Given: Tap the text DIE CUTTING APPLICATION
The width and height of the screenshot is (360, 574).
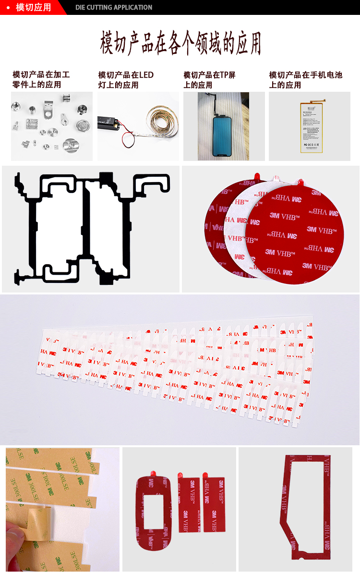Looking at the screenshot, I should coord(114,7).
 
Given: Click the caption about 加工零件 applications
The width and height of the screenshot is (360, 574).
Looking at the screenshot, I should coord(41,80).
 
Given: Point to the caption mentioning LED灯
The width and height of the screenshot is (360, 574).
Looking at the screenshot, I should coord(126,80).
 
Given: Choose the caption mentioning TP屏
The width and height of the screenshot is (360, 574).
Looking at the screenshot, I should coord(209,80).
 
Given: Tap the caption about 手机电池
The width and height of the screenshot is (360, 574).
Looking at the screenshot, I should coord(305,80).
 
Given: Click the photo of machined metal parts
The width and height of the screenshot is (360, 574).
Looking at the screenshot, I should coord(52,126).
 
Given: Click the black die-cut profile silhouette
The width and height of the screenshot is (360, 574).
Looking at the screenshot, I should coord(91,228).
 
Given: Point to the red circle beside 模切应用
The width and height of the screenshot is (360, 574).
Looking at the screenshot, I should coord(8,7).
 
